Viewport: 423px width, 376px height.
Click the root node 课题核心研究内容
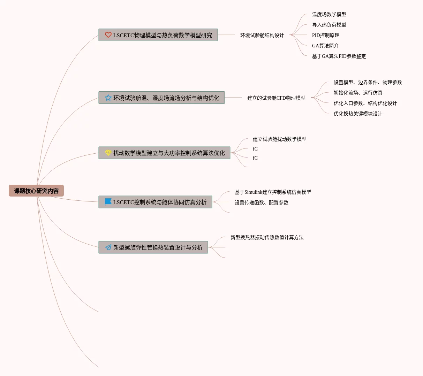(36, 191)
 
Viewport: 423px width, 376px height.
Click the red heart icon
(108, 35)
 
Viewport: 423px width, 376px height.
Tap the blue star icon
(108, 98)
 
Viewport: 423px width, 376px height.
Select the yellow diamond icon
(108, 153)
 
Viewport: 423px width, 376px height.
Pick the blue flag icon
(108, 202)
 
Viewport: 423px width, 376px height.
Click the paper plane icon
(108, 247)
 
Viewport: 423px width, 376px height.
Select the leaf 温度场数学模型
(329, 14)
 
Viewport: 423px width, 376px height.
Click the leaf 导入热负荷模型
(329, 25)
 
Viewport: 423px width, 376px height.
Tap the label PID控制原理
(325, 35)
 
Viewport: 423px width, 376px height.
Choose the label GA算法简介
(325, 46)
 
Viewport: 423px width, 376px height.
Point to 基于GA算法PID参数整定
(339, 56)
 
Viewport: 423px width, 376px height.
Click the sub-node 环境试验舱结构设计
(262, 35)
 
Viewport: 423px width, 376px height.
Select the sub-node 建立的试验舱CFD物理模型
(276, 98)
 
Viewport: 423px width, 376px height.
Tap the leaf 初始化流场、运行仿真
(358, 93)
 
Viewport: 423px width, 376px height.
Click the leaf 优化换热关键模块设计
(358, 114)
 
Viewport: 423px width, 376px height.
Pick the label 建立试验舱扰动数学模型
(279, 139)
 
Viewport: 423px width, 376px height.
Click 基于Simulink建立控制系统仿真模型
(273, 192)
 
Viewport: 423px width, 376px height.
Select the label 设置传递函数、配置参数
(261, 202)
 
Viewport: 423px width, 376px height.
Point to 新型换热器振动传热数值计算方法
(267, 237)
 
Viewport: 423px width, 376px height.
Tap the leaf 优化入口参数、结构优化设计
(365, 103)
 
